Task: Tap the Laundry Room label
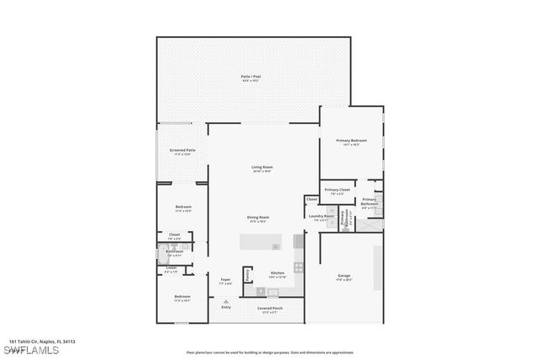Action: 321,218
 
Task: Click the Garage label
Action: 344,277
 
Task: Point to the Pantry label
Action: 247,275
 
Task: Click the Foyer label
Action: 225,281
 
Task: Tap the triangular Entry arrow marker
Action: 225,300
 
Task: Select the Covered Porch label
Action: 270,309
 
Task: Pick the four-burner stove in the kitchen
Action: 298,267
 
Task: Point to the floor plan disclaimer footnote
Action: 270,352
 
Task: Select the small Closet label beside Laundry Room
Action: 311,200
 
